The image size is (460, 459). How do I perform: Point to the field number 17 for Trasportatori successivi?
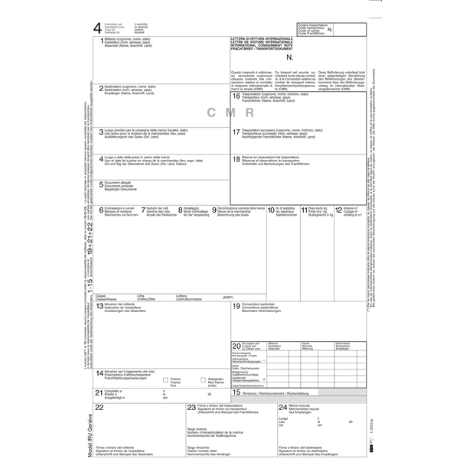pos(237,132)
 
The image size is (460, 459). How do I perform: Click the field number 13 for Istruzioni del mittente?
pos(100,307)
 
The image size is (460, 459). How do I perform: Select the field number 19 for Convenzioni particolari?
pos(237,306)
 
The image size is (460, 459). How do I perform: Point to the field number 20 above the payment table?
pos(236,346)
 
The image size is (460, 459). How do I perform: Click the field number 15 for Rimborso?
pos(237,392)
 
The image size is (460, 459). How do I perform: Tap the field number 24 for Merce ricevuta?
pos(283,408)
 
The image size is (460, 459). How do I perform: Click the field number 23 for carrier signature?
pos(191,408)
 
